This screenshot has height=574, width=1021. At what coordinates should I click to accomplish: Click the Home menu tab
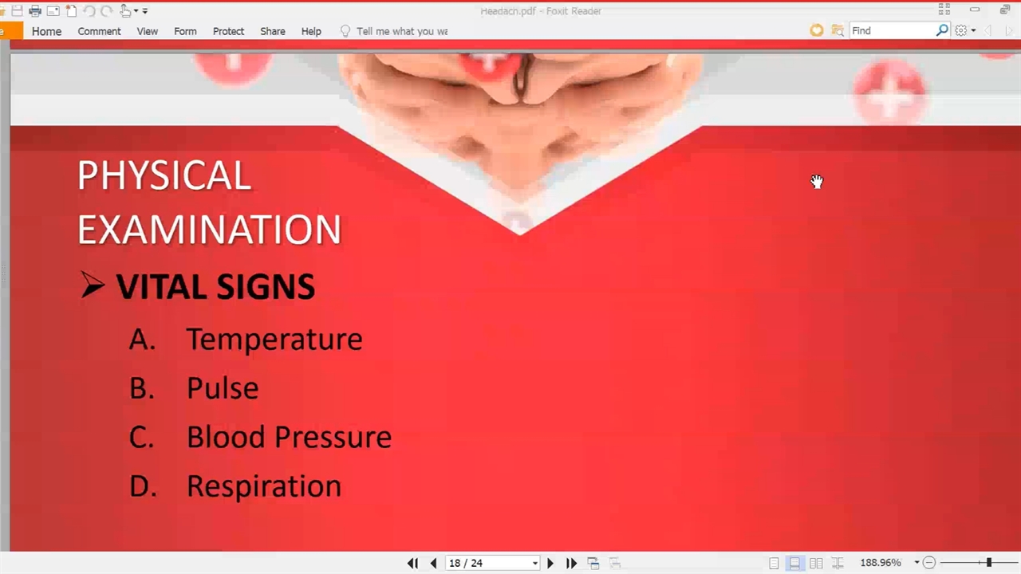click(46, 31)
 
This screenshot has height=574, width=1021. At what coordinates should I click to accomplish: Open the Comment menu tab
click(99, 31)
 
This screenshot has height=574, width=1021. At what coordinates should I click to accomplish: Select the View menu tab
click(148, 31)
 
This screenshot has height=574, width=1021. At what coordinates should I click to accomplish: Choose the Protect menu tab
click(228, 31)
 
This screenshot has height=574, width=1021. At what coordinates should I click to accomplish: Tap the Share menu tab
click(273, 31)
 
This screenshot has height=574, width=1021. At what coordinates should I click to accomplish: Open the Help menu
click(311, 31)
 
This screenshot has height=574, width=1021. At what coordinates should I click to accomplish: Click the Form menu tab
click(185, 31)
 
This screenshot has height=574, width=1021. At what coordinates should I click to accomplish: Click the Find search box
click(893, 30)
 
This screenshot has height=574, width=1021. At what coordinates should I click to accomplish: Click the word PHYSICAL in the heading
click(164, 175)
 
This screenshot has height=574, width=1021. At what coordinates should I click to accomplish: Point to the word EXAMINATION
click(209, 230)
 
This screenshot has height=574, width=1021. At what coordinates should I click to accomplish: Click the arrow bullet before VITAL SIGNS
click(92, 285)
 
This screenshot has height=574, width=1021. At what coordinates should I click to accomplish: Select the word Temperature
click(274, 340)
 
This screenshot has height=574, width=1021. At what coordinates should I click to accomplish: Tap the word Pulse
click(223, 388)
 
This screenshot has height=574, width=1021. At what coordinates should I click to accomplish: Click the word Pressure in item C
click(333, 437)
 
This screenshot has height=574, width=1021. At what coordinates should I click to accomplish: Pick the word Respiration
click(264, 486)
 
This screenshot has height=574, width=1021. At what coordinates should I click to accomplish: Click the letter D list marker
click(143, 486)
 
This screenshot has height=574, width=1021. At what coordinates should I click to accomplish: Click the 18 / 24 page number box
click(492, 563)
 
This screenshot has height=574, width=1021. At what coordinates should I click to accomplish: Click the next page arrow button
click(550, 564)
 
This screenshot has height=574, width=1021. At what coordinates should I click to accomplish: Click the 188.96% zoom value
click(881, 563)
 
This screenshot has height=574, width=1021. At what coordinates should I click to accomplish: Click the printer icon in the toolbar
click(35, 10)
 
